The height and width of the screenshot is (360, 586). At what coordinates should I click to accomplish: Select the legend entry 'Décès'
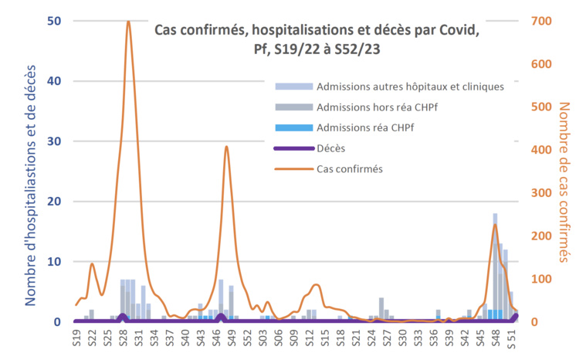(x=331, y=148)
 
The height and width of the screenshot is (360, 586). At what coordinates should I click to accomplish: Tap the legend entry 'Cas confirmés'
(x=350, y=168)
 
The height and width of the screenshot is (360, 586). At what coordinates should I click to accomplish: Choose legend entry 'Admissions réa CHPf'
(x=367, y=127)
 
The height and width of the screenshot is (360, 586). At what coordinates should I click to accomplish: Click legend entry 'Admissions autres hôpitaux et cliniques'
(x=410, y=86)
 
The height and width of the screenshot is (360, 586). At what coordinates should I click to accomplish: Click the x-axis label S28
(x=124, y=338)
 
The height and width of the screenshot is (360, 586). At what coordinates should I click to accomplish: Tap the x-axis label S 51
(x=511, y=338)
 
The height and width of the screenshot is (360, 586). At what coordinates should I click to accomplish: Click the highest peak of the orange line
(x=128, y=22)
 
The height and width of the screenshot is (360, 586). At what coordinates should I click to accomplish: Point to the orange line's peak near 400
(x=226, y=147)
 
